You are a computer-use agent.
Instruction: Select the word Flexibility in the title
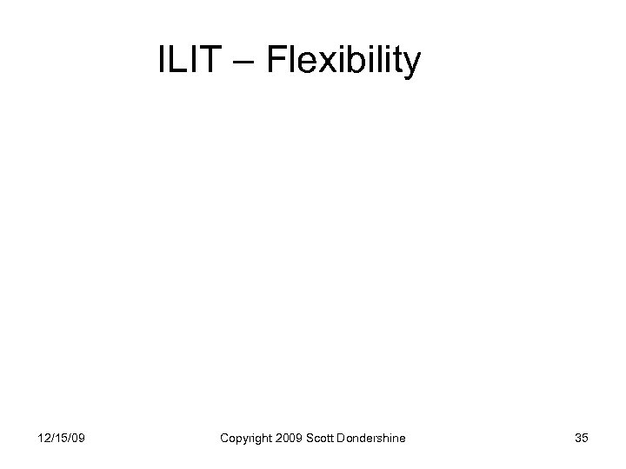click(343, 61)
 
